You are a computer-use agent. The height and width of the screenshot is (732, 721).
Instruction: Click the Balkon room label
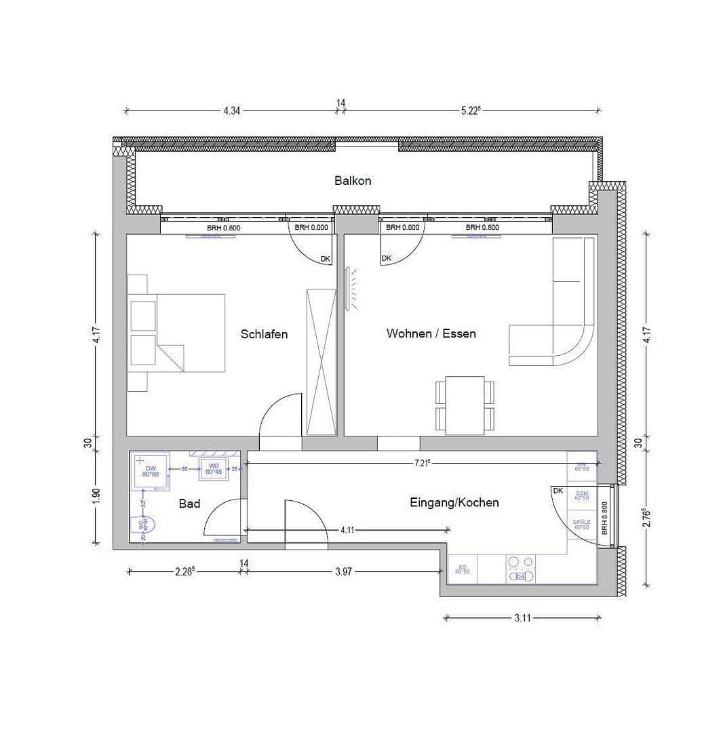click(x=352, y=181)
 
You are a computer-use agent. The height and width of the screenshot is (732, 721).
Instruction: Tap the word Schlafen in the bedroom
click(x=264, y=334)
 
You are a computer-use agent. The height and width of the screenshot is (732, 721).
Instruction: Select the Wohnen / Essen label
click(x=431, y=333)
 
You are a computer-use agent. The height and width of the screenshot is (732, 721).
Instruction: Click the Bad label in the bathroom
click(x=189, y=504)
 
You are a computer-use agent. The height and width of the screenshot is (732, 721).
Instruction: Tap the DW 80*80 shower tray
click(x=150, y=470)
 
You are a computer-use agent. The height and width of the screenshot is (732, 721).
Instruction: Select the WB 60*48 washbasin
click(x=214, y=468)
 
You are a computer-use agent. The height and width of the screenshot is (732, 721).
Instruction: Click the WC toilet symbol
click(x=144, y=526)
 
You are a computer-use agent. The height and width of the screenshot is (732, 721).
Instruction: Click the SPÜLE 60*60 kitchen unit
click(x=581, y=524)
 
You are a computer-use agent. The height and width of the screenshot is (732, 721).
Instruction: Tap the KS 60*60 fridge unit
click(x=463, y=569)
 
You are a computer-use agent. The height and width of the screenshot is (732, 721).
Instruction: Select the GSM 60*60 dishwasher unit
click(x=581, y=495)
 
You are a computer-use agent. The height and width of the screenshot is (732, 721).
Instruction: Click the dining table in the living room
click(x=465, y=405)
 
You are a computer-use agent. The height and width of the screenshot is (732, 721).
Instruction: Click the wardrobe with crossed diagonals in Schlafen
click(x=321, y=361)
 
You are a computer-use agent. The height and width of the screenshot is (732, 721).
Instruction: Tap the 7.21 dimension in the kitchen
click(x=422, y=462)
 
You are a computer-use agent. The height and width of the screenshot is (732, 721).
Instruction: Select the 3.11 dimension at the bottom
click(x=522, y=618)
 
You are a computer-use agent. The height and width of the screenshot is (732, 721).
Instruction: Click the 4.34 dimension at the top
click(x=232, y=110)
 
